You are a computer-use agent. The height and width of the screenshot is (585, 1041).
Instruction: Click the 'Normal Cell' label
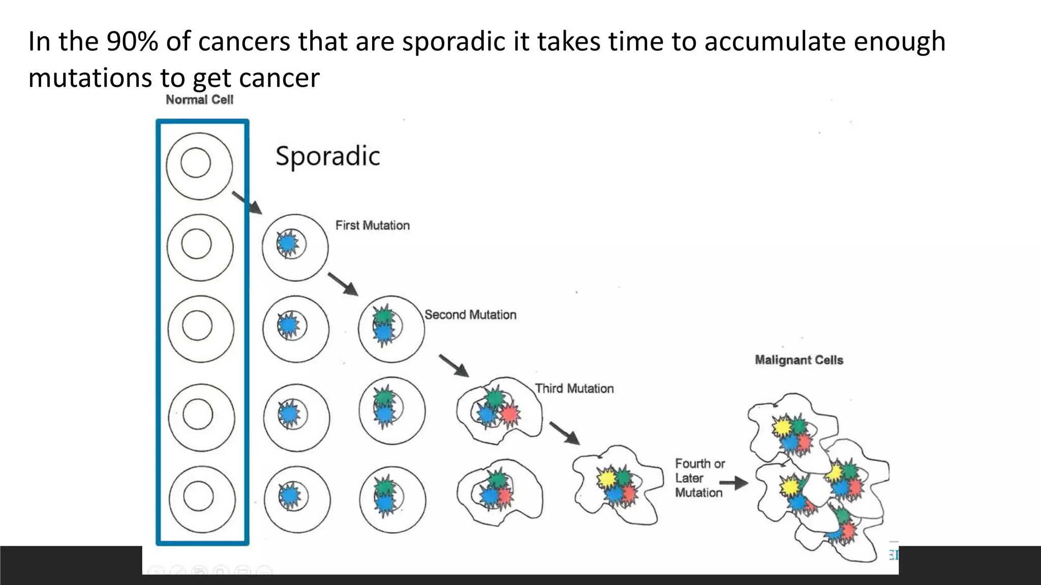point(199,100)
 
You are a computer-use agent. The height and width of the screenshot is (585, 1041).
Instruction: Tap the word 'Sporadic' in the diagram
point(327,156)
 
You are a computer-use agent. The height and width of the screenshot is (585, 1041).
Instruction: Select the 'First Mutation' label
point(372,225)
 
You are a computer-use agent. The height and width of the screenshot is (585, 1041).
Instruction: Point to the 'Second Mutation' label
point(470,315)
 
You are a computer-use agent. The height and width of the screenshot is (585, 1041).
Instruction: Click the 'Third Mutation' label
point(574,388)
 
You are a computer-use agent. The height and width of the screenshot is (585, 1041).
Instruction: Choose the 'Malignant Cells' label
point(799,360)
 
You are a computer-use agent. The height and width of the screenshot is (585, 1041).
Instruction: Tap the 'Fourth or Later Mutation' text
point(699,478)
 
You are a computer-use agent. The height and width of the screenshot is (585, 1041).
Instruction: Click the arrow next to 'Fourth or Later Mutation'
point(733,483)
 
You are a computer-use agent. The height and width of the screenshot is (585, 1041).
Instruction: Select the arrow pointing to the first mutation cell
point(247,203)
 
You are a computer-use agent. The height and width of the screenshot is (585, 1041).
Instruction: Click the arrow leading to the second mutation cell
point(343,284)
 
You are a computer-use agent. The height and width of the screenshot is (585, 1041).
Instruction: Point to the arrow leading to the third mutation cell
point(454,366)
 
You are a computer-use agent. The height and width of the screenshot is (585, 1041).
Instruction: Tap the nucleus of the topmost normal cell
point(196,162)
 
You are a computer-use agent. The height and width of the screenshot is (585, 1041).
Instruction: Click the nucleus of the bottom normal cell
point(198,496)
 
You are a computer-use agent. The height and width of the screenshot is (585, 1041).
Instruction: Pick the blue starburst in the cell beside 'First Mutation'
point(288,244)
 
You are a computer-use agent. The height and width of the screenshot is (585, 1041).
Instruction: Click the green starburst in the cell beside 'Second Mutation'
point(383,316)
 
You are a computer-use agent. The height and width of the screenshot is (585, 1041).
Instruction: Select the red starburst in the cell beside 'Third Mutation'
point(509,414)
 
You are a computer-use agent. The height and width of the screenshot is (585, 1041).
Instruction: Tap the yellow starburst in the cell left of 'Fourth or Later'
point(606,478)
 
